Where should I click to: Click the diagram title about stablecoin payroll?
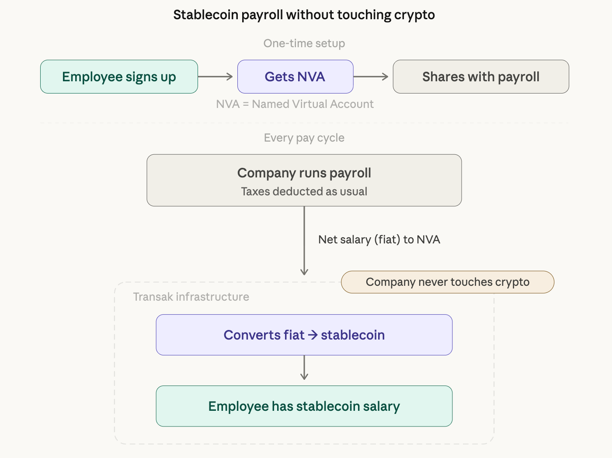coord(304,15)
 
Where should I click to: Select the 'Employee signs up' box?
coord(119,77)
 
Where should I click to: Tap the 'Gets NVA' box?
coord(295,77)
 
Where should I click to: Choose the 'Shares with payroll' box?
coord(481,77)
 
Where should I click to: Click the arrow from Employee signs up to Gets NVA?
coord(216,77)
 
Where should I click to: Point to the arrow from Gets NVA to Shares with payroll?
coord(371,77)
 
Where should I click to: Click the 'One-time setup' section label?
coord(304,43)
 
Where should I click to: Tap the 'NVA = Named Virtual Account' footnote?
coord(295,104)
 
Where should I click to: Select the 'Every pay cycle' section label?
coord(304,138)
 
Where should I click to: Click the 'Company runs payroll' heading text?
coord(304,173)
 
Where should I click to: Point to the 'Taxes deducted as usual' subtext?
coord(304,191)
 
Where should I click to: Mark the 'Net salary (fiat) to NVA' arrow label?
coord(379,239)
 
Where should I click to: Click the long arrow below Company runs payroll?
coord(304,240)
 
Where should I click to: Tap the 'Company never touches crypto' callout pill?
coord(448,282)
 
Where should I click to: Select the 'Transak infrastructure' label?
coord(191,297)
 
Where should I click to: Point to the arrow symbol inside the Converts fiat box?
coord(313,335)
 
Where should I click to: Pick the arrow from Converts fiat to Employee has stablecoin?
coord(304,368)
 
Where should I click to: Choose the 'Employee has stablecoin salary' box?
coord(304,406)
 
